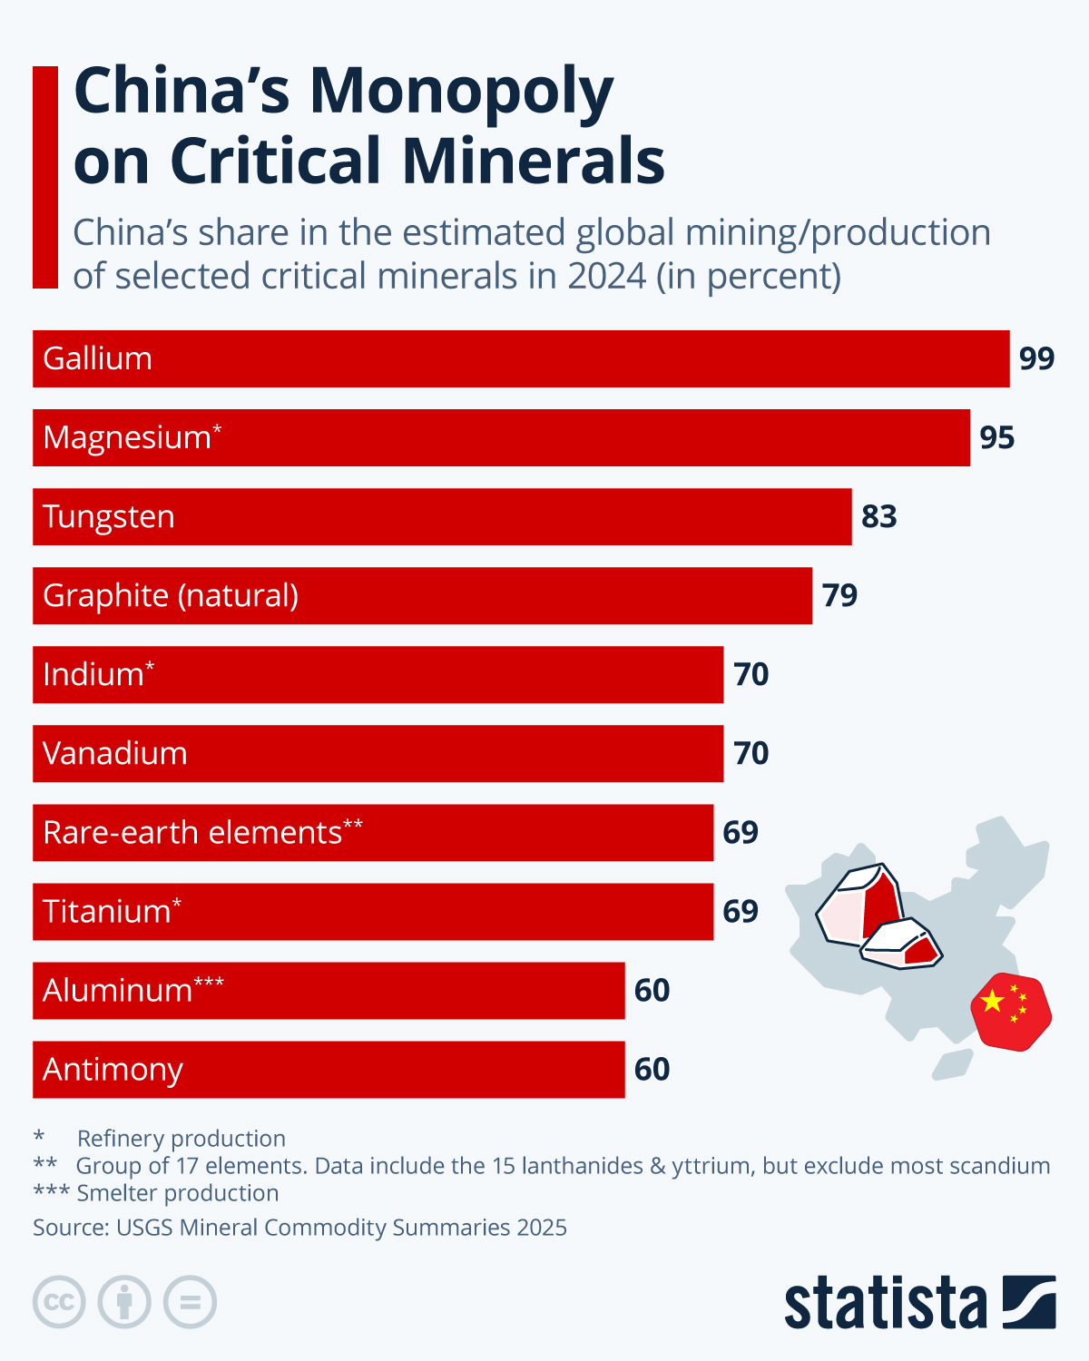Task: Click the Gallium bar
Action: point(521,358)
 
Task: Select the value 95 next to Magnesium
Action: point(996,437)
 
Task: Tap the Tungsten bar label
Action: point(109,516)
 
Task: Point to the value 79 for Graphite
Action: point(839,595)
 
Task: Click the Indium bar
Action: point(378,674)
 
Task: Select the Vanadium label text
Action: point(115,753)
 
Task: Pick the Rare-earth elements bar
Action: point(372,832)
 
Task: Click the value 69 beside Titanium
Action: point(741,911)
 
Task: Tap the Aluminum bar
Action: point(329,990)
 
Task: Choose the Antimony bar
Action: point(329,1069)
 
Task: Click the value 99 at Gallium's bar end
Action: point(1036,358)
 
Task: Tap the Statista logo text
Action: point(885,1304)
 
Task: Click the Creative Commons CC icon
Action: point(59,1303)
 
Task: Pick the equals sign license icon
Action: point(190,1303)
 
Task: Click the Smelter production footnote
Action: point(177,1193)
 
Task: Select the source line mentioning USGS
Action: point(299,1228)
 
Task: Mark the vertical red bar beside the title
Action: point(45,177)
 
